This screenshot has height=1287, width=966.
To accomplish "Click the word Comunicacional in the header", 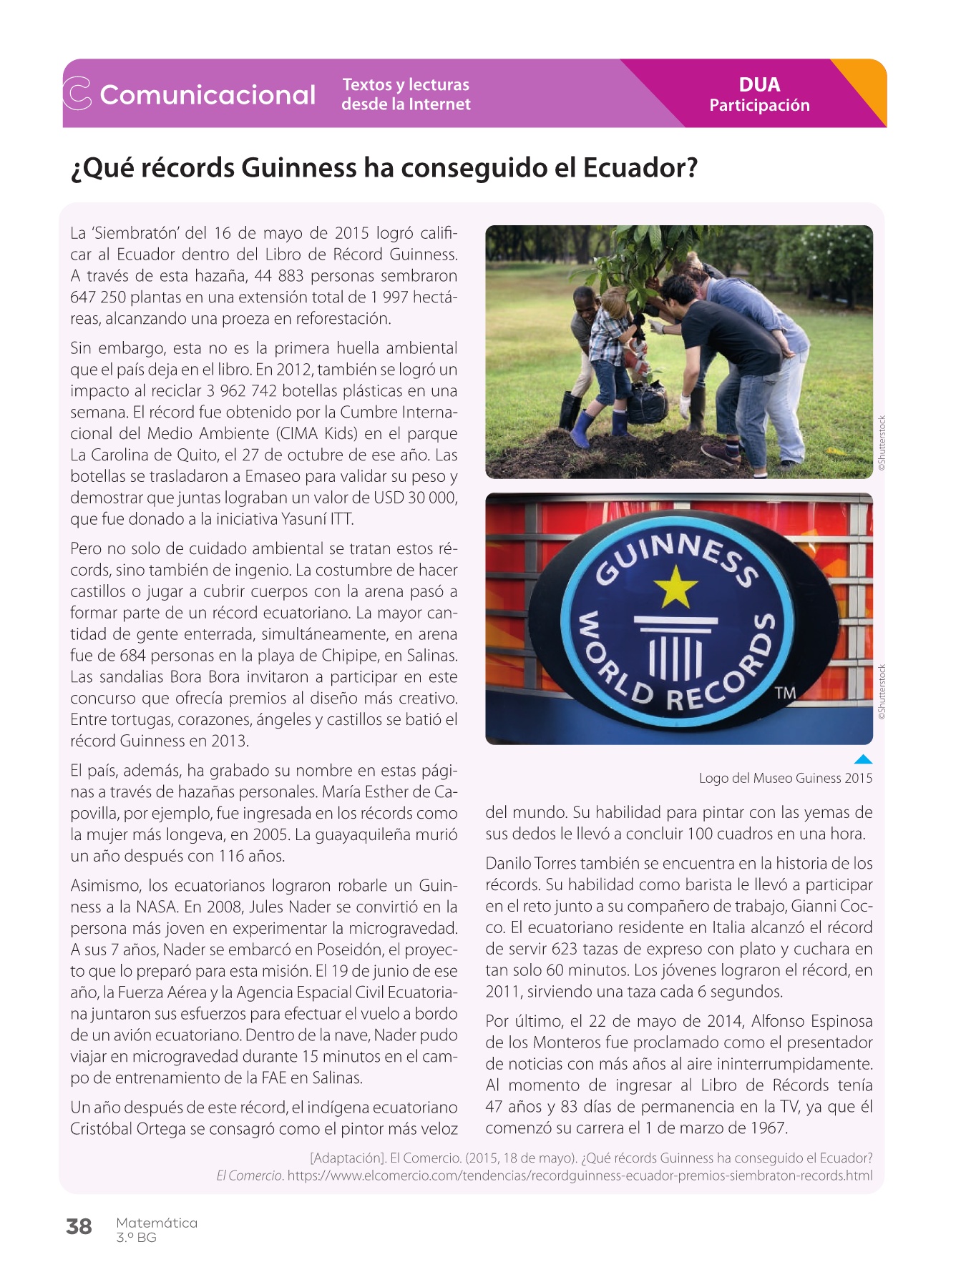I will click(208, 94).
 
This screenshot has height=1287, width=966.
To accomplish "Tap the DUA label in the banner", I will click(759, 84).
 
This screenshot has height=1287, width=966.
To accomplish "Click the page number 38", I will click(79, 1226).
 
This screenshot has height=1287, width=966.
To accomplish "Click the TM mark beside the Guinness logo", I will click(785, 692).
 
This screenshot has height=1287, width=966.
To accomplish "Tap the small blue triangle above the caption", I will click(864, 759).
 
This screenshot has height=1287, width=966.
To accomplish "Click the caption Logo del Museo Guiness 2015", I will click(785, 778).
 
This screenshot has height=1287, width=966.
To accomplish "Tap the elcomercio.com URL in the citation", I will click(580, 1175).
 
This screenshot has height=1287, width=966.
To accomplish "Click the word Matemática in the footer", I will click(157, 1223).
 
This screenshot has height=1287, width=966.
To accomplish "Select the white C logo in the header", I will click(77, 94).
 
